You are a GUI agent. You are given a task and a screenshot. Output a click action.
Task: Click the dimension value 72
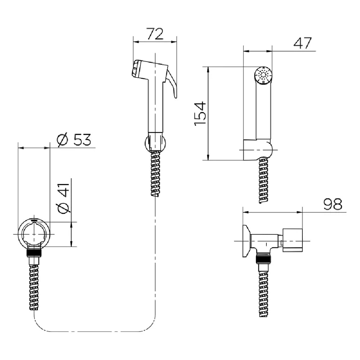point(155,34)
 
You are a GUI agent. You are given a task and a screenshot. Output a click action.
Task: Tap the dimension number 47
point(303,43)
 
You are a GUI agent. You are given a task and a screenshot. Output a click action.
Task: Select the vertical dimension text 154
point(200,113)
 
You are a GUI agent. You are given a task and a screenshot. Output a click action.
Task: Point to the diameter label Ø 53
point(74,139)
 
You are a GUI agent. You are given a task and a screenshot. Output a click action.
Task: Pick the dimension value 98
point(333,204)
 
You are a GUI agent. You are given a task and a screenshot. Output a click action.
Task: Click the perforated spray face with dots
point(263,76)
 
